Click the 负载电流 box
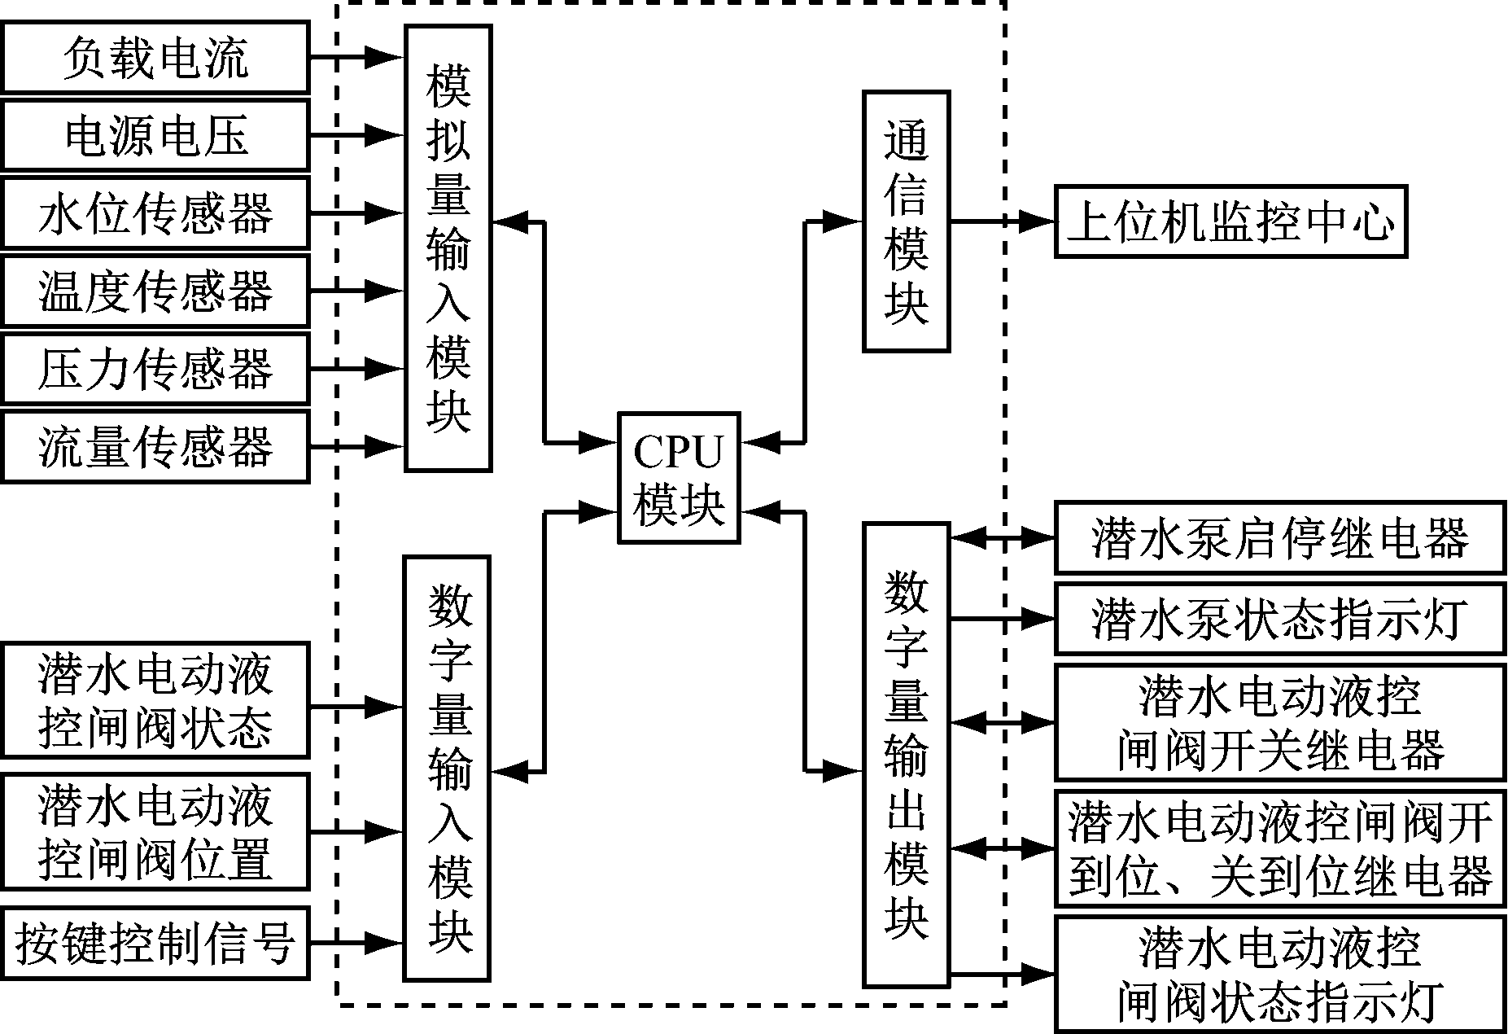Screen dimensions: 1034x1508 (x=155, y=57)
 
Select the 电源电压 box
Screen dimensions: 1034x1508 (x=155, y=134)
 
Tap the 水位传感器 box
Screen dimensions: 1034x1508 (x=155, y=212)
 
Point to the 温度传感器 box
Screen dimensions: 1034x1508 (x=155, y=291)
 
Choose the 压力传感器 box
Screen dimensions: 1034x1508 (x=155, y=368)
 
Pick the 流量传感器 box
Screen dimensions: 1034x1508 (x=155, y=446)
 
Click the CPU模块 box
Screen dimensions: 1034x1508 (x=679, y=478)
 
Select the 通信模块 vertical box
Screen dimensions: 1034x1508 (x=906, y=221)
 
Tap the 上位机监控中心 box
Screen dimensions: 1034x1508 (x=1230, y=222)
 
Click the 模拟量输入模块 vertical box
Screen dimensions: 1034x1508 (x=448, y=248)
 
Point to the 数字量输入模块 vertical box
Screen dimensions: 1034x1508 (x=448, y=768)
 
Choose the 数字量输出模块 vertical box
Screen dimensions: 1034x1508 (x=906, y=755)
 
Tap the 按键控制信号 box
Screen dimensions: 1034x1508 (x=155, y=943)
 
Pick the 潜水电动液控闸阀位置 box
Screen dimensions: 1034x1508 (x=155, y=831)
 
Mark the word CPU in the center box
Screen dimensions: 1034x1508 (x=678, y=453)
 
